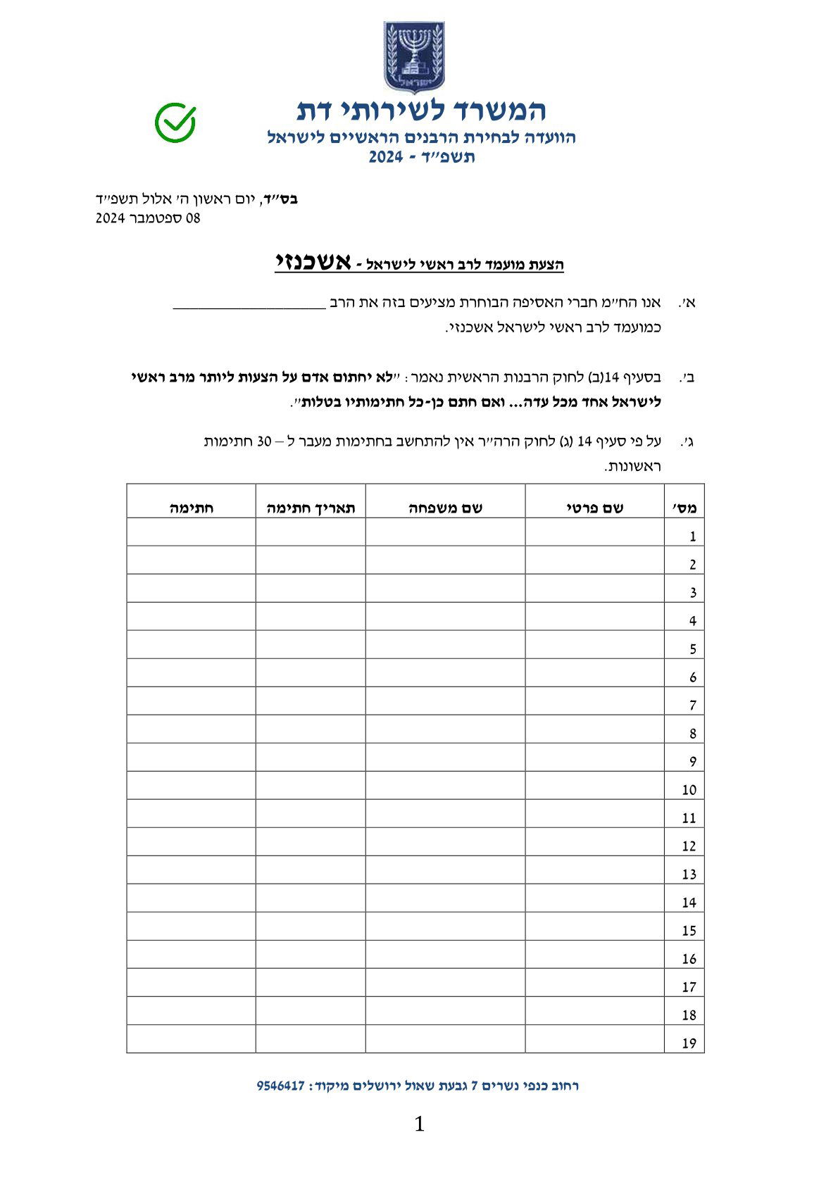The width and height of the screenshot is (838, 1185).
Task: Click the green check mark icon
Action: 175,122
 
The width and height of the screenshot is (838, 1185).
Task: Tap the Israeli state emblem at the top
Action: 414,57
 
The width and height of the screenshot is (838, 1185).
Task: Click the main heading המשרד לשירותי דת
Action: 421,110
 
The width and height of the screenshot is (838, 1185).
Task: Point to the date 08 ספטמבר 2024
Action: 148,218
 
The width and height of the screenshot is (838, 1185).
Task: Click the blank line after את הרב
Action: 249,305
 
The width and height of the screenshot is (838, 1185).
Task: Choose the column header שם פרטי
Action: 594,508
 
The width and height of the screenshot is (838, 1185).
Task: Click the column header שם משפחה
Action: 445,508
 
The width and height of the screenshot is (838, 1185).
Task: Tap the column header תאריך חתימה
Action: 311,508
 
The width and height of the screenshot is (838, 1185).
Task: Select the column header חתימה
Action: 191,508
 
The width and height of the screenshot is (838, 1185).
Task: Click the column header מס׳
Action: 684,508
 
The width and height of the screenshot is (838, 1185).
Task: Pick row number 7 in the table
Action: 692,705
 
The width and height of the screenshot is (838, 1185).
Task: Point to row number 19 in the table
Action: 689,1043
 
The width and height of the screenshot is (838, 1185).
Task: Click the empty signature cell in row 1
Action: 191,532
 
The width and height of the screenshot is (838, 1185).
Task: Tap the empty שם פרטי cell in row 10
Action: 594,786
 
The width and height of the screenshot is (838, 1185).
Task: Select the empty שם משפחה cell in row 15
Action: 445,927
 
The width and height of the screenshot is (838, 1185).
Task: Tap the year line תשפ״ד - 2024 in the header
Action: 421,157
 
